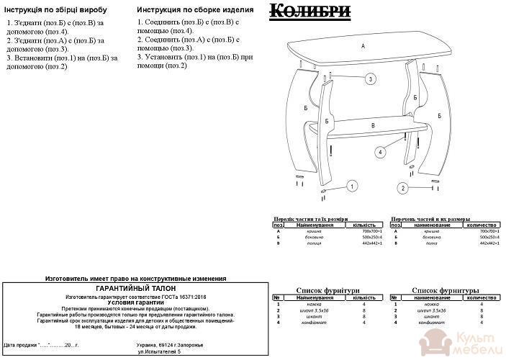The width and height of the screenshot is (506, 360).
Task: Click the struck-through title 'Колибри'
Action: click(310, 11)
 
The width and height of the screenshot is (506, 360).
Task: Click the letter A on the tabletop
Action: click(363, 45)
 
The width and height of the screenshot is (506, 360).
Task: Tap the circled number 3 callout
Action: click(370, 78)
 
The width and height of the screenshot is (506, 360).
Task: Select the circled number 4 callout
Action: click(379, 151)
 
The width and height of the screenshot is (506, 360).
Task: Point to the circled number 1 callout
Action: click(352, 186)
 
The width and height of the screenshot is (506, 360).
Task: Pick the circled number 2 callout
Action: click(404, 188)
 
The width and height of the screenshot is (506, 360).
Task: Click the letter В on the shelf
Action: click(372, 125)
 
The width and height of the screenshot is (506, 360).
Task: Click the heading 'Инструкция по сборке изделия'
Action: click(194, 11)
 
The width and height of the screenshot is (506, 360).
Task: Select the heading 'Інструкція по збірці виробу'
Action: click(58, 11)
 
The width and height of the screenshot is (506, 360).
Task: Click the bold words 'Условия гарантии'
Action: click(135, 302)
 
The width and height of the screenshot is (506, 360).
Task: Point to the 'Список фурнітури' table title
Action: click(327, 290)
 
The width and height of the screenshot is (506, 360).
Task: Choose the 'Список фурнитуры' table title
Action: click(446, 290)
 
